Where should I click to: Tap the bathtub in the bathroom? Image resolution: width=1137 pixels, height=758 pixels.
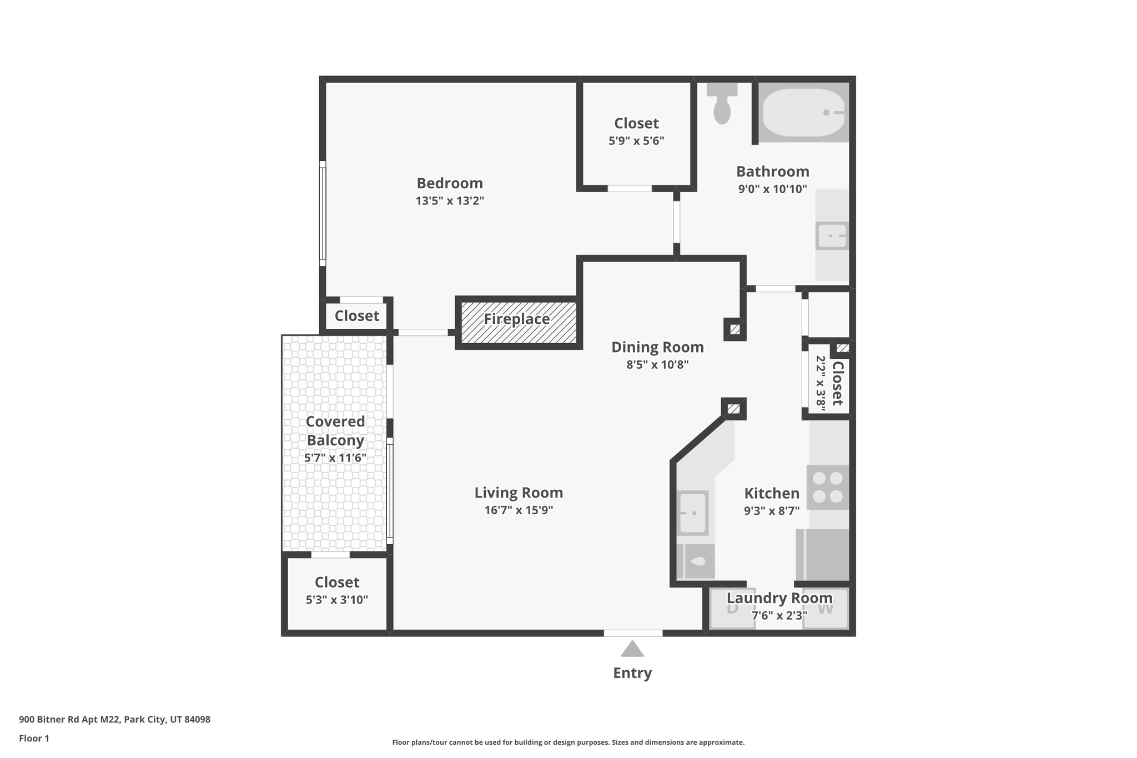click(803, 112)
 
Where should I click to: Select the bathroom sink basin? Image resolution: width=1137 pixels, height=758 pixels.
click(832, 235)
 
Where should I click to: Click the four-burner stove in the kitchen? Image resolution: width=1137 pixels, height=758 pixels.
click(828, 487)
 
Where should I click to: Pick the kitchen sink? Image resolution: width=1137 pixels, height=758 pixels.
click(693, 513)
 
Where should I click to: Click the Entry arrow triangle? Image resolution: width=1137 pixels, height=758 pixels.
click(632, 649)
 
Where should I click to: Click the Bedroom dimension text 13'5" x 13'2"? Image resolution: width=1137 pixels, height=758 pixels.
click(450, 201)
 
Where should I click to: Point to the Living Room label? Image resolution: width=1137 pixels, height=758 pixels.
click(519, 493)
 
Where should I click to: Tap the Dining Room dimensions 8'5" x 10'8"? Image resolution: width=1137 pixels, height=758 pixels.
click(657, 365)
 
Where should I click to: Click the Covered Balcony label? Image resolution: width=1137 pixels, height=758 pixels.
click(335, 430)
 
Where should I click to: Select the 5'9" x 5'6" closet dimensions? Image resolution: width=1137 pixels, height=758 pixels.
click(636, 141)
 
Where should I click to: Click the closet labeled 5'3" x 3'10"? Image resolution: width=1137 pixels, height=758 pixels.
click(337, 591)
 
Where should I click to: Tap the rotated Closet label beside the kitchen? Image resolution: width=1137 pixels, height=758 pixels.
click(837, 383)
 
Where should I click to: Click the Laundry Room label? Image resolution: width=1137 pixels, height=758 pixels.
click(779, 598)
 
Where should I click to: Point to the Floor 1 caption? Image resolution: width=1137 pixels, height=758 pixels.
click(34, 739)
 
